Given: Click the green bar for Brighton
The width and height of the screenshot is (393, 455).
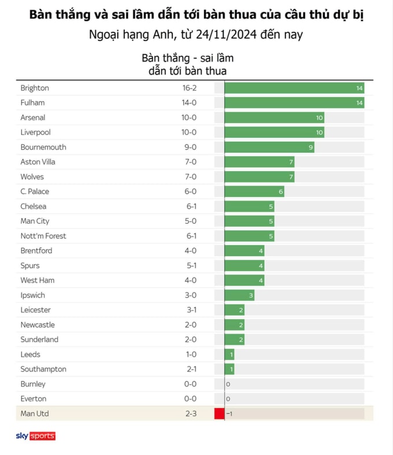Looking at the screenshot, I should tap(294, 88).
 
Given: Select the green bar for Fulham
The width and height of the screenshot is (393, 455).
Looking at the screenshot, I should tap(294, 103).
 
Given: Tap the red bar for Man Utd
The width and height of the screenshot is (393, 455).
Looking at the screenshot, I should tap(219, 414).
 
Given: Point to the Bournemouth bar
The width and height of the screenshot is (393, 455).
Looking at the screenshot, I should tap(269, 147).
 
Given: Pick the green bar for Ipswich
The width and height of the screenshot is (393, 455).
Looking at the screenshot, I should tap(239, 295).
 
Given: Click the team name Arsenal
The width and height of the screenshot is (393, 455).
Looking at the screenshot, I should tap(33, 118).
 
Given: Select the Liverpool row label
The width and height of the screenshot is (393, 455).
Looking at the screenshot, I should tap(35, 132).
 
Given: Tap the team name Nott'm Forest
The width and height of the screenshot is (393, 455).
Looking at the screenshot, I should tap(43, 236).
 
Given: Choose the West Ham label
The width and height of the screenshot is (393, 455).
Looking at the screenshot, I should tap(38, 280).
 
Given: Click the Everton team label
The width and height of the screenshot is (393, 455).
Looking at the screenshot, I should tap(34, 399).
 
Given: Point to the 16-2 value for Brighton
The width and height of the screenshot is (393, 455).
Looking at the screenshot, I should tap(189, 88).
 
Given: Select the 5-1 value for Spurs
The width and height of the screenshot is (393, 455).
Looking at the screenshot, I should tap(189, 266).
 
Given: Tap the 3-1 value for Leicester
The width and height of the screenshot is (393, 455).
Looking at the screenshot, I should tap(189, 310).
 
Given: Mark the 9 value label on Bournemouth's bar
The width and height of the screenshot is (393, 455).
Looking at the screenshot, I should tap(311, 147).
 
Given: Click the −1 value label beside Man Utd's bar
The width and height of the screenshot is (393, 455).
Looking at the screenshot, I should tap(229, 414).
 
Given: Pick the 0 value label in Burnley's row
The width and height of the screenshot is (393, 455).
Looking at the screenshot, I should tap(228, 384).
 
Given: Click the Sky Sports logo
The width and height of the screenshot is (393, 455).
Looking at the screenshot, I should tap(36, 436).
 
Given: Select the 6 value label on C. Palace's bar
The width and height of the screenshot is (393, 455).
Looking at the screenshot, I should tap(281, 192).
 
